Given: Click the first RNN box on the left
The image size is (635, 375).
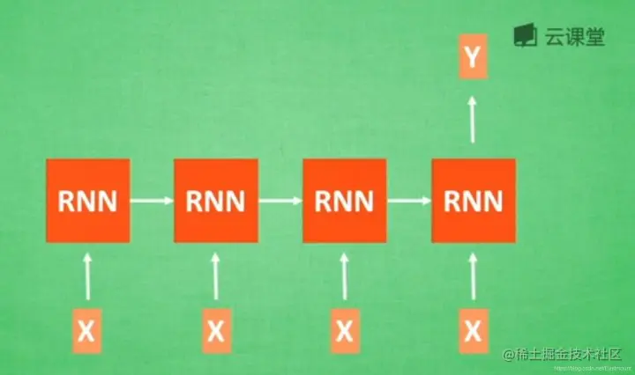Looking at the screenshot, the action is tap(87, 201).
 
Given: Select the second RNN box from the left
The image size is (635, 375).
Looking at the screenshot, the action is tap(216, 201).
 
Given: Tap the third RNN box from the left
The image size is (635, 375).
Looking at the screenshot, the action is tap(344, 201).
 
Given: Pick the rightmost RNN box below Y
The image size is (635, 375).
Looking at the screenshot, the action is tap(473, 201).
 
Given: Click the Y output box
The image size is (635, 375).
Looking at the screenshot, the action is tap(474, 59).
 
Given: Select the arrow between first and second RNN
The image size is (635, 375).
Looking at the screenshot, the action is tap(152, 201).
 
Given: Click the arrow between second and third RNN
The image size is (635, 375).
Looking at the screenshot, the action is tap(280, 201).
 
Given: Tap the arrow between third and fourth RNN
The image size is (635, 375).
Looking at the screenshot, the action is tap(408, 201).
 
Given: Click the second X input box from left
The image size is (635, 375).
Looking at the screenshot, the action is tap(216, 331).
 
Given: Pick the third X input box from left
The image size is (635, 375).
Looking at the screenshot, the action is tap(344, 331).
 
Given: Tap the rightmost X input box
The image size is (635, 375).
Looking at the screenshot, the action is tap(474, 331).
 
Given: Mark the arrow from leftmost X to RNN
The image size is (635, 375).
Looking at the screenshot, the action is tap(87, 276).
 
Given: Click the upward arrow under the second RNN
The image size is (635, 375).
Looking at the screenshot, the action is tap(216, 276).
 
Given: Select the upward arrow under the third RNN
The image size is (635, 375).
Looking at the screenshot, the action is tap(344, 276).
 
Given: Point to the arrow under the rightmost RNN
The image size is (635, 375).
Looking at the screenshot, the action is tap(474, 276).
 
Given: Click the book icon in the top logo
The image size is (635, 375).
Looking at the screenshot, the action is tap(527, 35).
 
